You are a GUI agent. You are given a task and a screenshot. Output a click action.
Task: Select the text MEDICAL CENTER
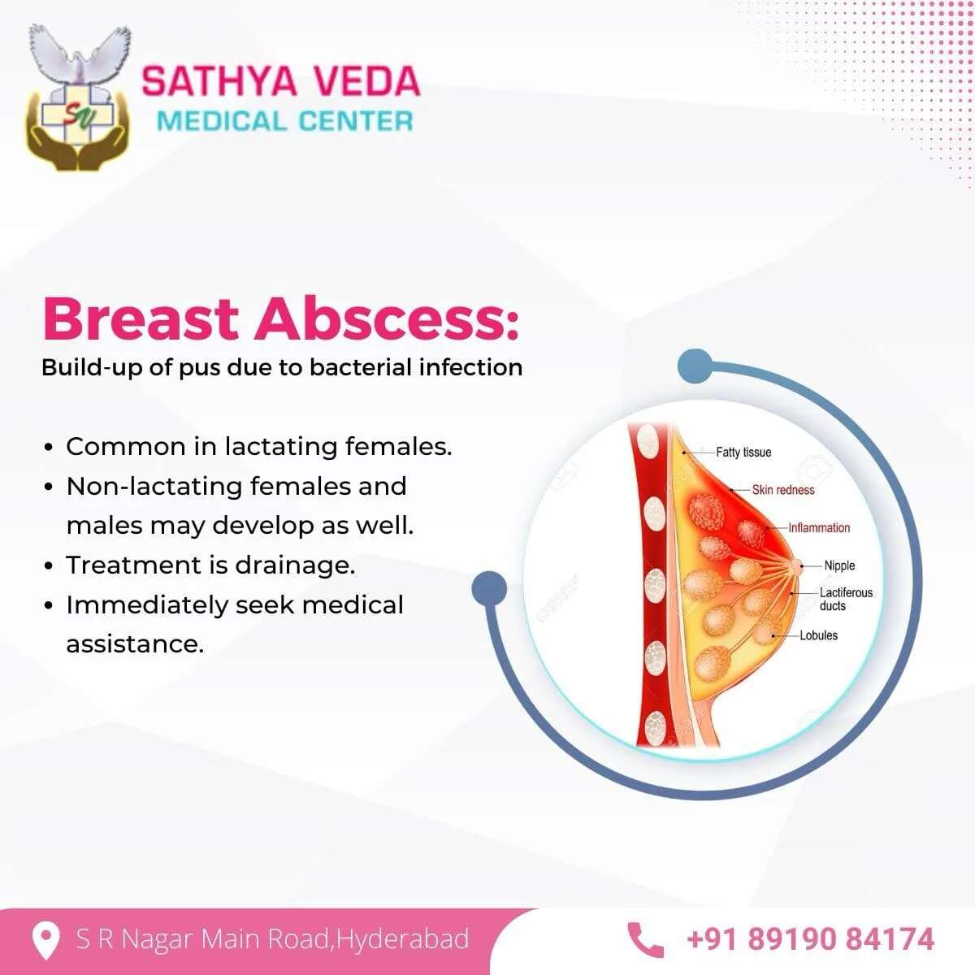[x=285, y=121]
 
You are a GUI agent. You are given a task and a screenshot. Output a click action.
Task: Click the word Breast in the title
[x=141, y=319]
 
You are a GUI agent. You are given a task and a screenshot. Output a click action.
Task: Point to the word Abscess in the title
[x=386, y=319]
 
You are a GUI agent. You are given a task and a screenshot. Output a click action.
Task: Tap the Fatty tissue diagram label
[x=743, y=453]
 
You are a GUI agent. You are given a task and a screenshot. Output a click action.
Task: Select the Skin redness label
[x=783, y=490]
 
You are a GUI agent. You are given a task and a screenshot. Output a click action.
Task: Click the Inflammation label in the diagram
[x=819, y=528]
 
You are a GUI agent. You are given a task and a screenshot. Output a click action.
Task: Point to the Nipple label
[x=839, y=565]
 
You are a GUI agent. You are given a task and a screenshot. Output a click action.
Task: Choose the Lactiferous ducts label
[x=846, y=599]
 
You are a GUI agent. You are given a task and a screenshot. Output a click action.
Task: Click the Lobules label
[x=819, y=635]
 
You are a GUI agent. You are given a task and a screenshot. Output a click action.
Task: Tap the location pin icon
[x=45, y=940]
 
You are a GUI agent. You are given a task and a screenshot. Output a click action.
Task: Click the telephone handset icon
[x=645, y=940]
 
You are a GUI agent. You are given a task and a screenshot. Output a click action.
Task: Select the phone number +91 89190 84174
[x=810, y=939]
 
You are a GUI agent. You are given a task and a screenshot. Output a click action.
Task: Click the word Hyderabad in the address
[x=403, y=939]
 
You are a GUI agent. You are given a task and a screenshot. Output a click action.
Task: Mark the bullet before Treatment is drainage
[x=49, y=565]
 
